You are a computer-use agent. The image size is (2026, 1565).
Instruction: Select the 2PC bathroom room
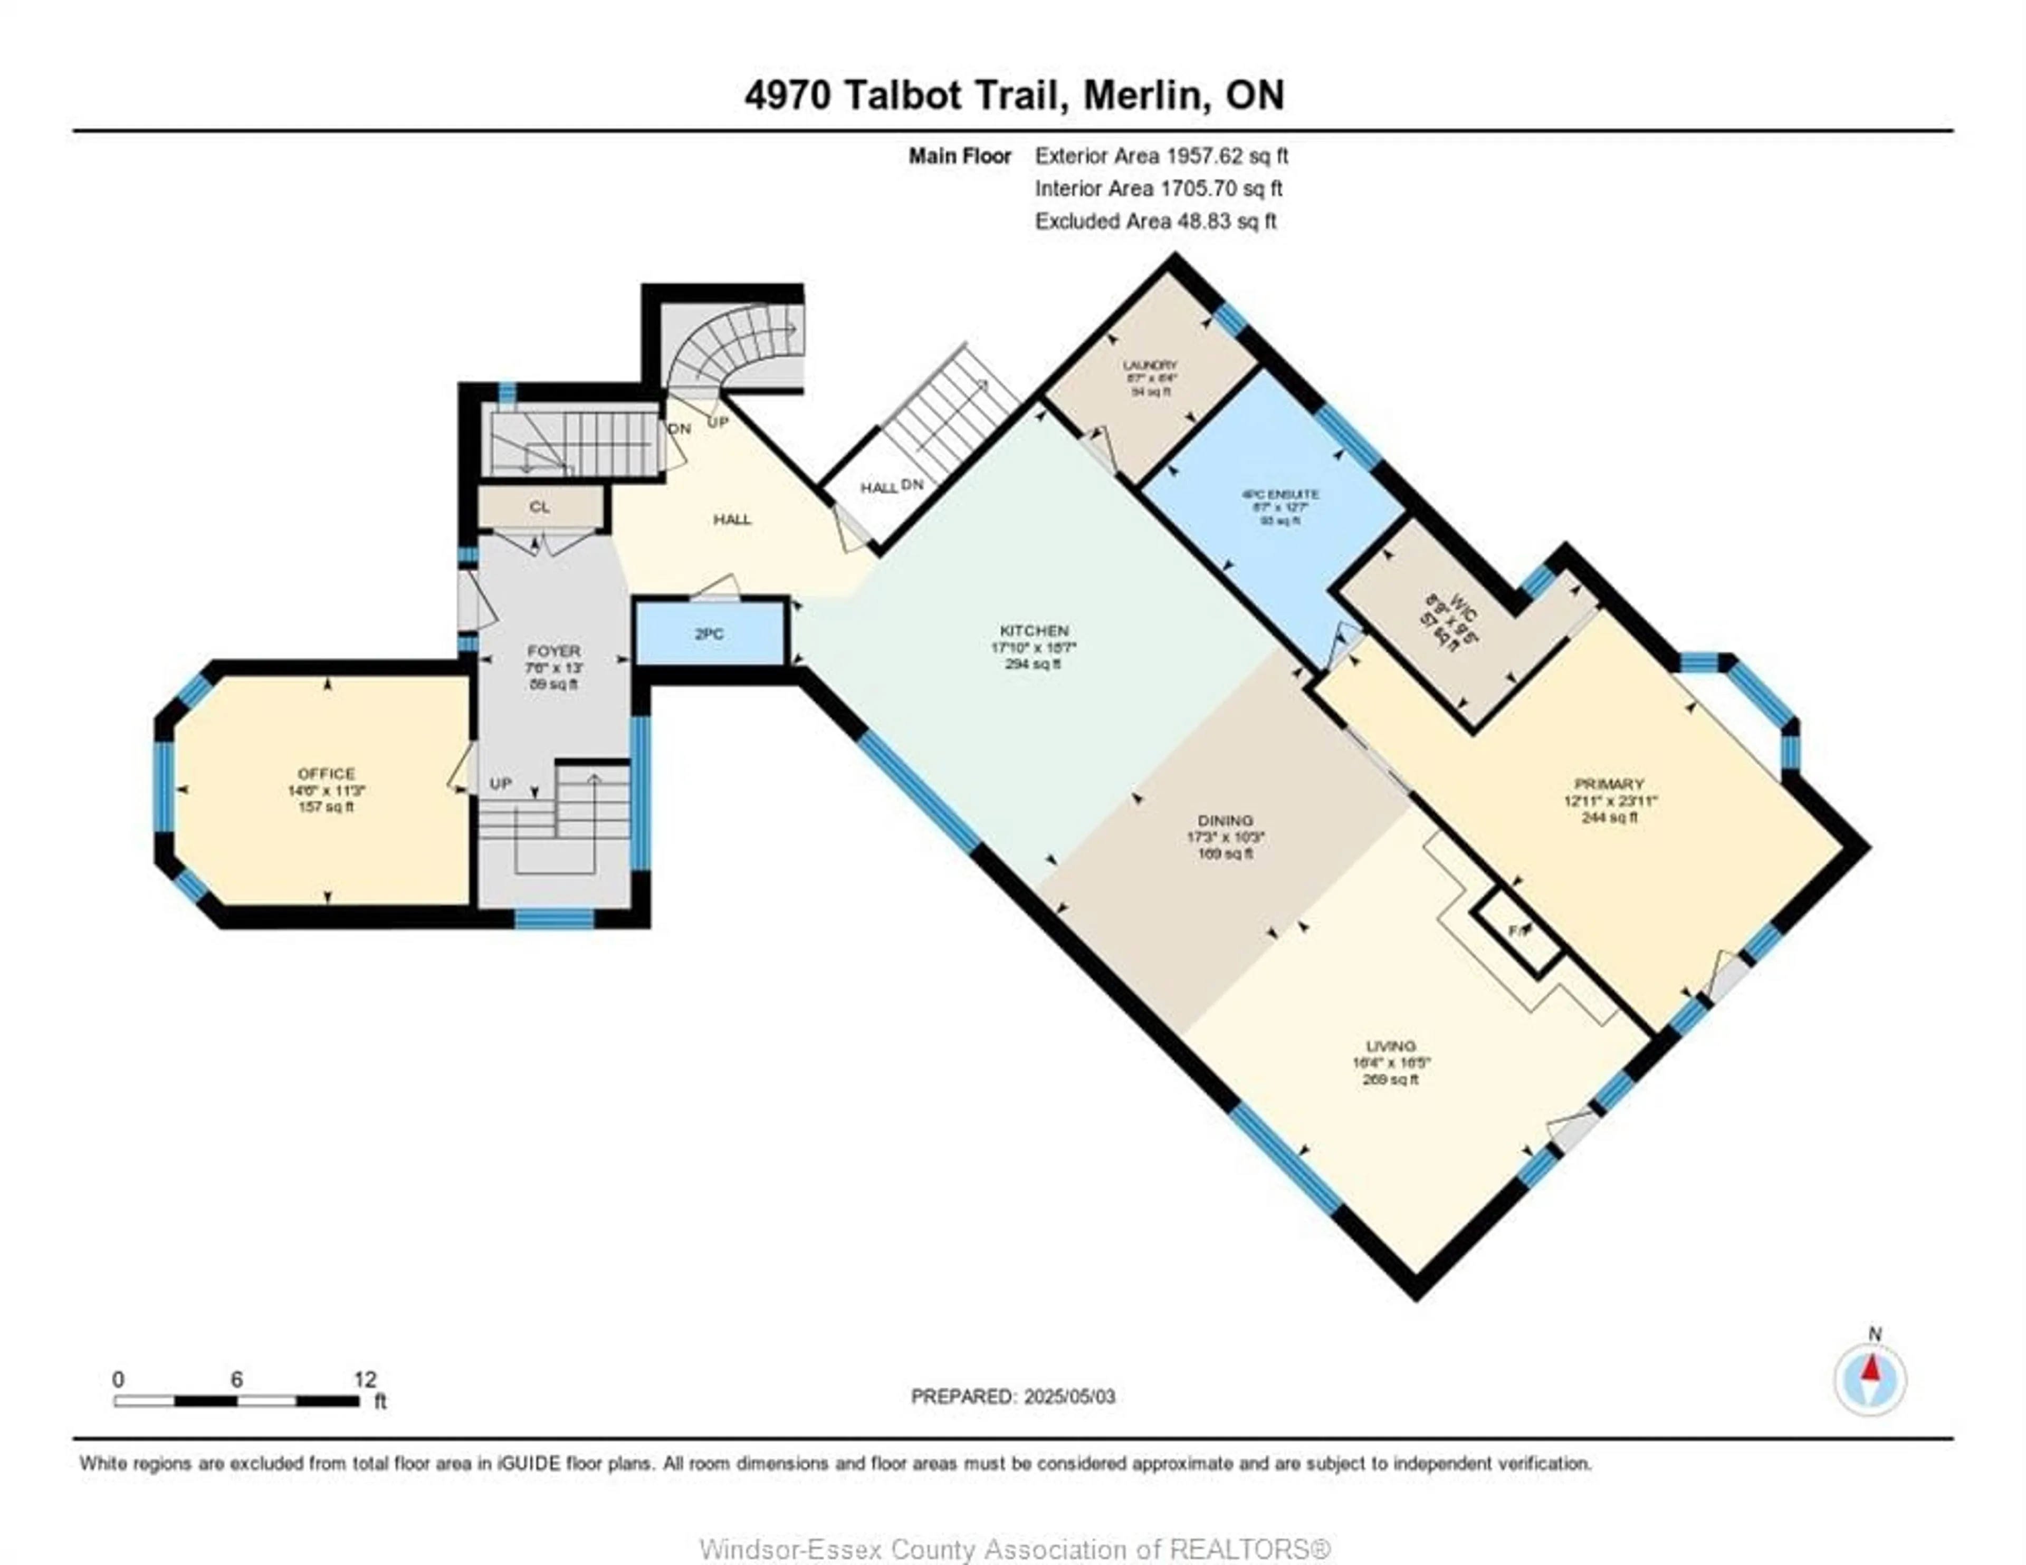click(x=710, y=633)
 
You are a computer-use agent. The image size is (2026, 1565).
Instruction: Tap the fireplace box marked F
click(x=1517, y=930)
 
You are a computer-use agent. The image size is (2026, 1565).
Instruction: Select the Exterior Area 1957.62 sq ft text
click(x=1161, y=156)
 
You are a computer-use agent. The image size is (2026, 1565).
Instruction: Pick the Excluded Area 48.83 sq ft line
click(x=1155, y=222)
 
